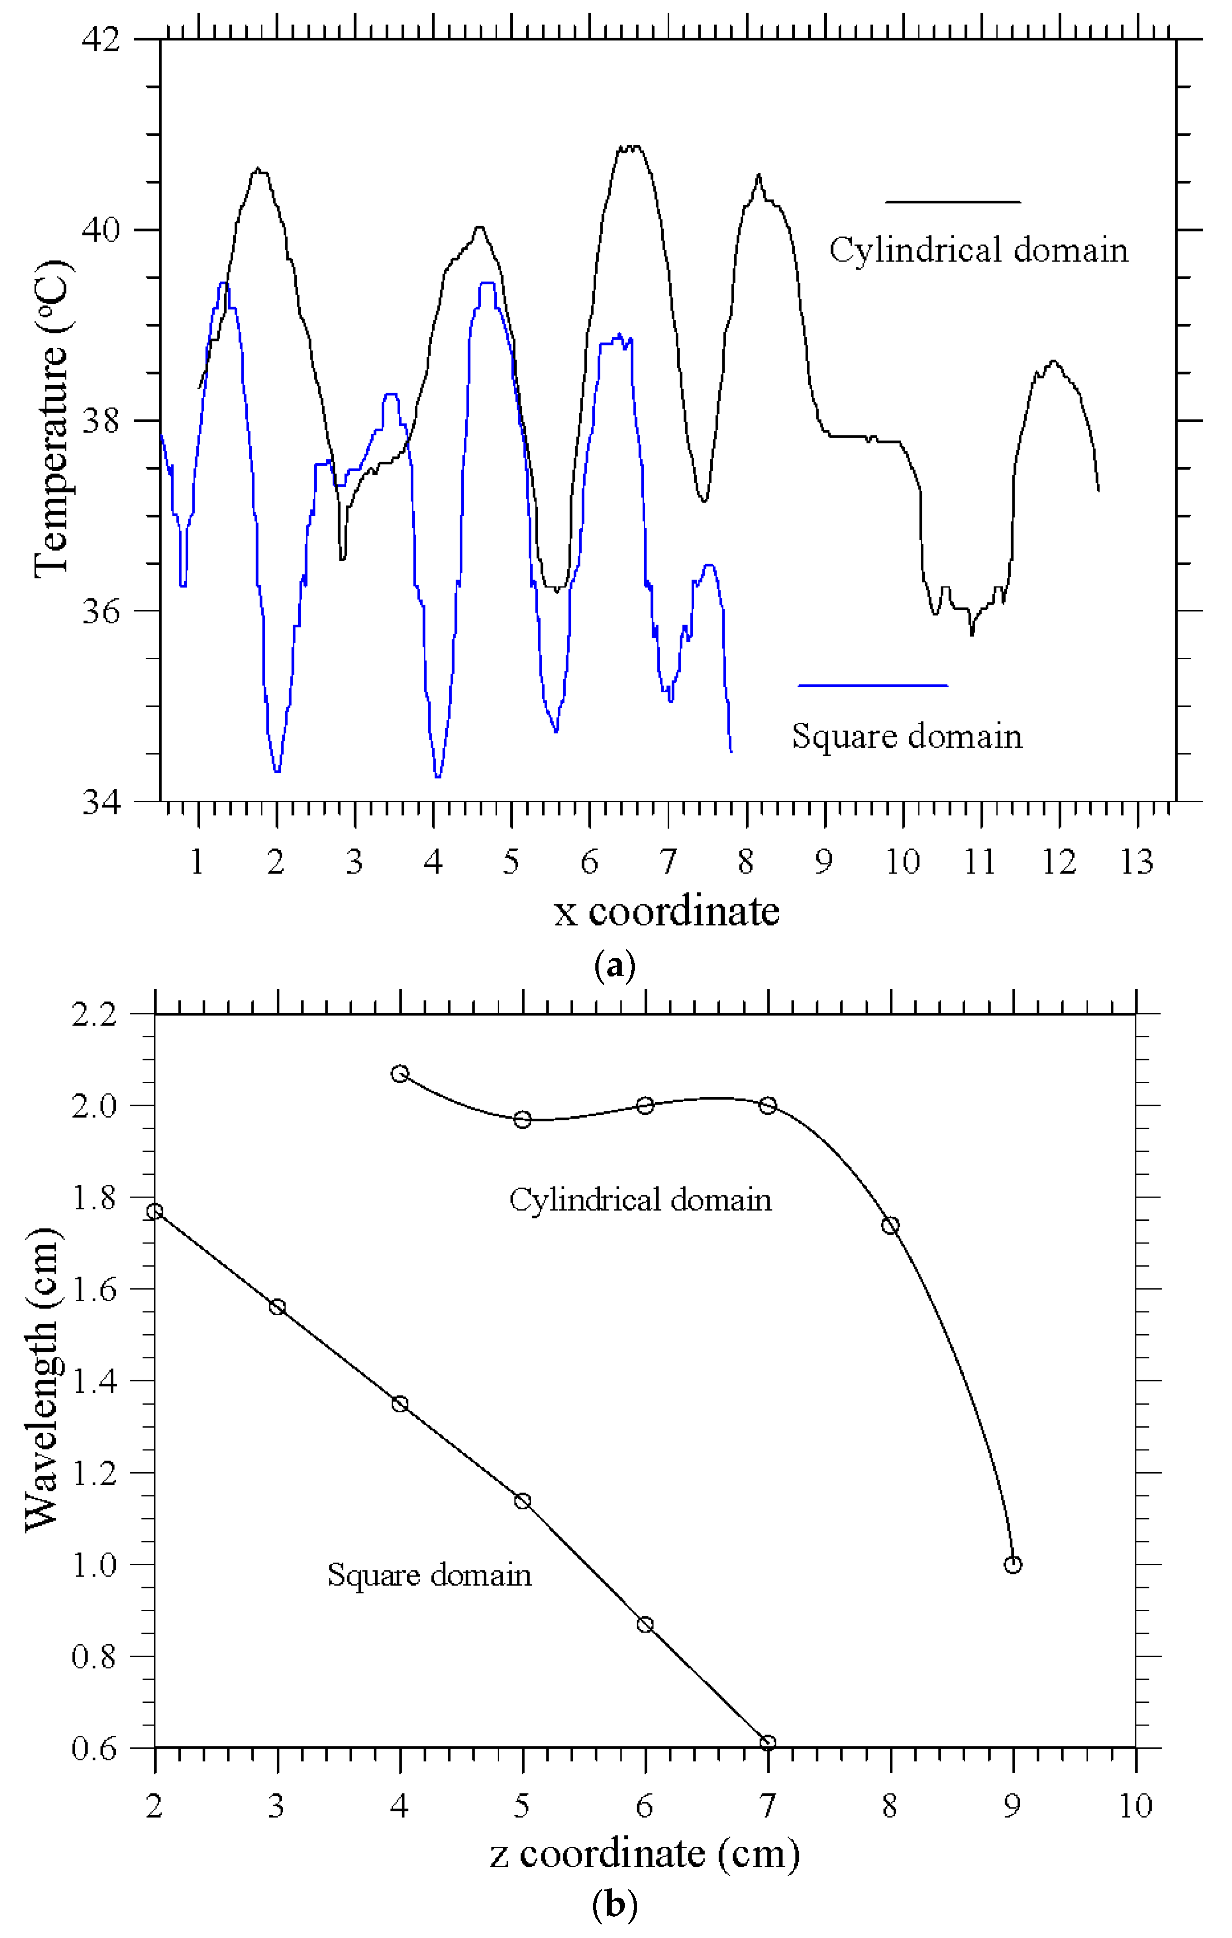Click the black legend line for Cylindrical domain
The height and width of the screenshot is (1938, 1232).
953,202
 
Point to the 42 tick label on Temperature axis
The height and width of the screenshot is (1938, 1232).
101,39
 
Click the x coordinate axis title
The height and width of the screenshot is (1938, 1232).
666,912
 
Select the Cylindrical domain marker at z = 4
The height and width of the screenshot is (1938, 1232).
400,1074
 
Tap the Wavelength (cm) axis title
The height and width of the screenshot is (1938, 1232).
42,1380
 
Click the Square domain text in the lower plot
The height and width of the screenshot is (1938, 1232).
429,1575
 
